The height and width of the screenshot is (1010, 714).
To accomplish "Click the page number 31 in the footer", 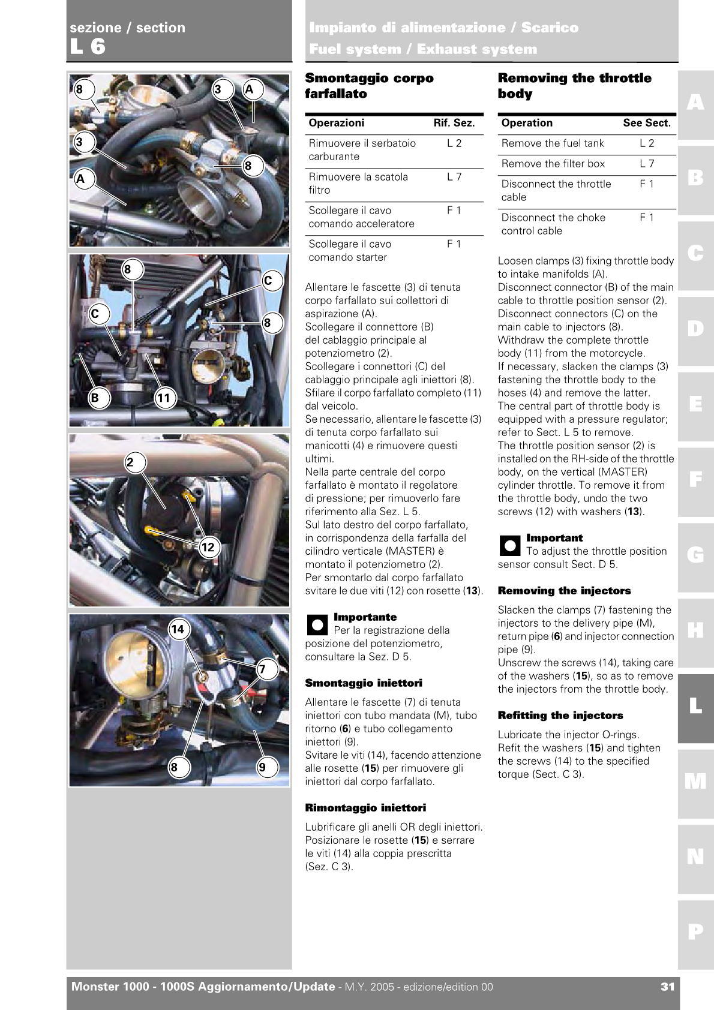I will pos(667,987).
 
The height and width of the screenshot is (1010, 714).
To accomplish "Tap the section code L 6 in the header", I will pos(88,47).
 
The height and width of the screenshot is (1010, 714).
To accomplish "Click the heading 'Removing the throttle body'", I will pos(574,86).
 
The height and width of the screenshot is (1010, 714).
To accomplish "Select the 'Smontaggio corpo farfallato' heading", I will pos(369,86).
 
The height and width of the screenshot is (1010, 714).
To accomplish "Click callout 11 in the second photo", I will pos(163,398).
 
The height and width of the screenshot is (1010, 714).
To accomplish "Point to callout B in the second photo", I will pos(94,398).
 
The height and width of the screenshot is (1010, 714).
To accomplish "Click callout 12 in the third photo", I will pos(208,547).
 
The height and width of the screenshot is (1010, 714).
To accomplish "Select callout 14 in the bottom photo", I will pos(178,629).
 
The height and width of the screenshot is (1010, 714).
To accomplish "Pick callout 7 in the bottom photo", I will pos(262,669).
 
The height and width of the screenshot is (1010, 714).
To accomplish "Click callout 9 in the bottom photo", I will pos(262,767).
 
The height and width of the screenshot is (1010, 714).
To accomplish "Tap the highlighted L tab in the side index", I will pos(695,707).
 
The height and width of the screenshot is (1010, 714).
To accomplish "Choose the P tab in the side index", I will pos(695,931).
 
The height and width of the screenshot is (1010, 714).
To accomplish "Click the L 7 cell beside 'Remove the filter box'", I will pos(646,164).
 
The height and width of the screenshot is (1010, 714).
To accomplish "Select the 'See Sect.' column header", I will pos(646,123).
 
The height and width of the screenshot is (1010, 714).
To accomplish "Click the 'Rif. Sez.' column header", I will pos(454,123).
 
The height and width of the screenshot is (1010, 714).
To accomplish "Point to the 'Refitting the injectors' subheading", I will pos(560,716).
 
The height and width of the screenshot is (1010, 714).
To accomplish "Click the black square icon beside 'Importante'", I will pos(317,625).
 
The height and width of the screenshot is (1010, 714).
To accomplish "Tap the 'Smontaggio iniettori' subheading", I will pos(363,683).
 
